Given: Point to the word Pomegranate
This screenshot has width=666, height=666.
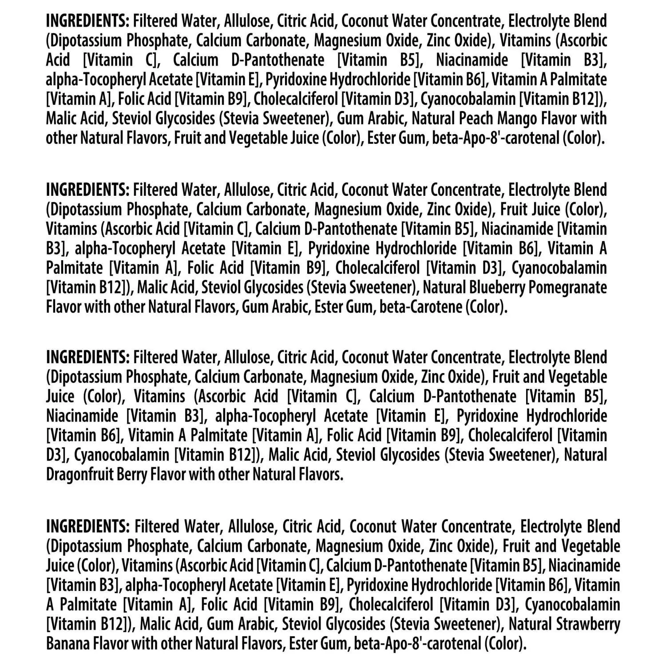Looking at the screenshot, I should pos(573,288).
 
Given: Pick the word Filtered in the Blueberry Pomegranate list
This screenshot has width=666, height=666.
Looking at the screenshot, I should pos(155,190).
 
